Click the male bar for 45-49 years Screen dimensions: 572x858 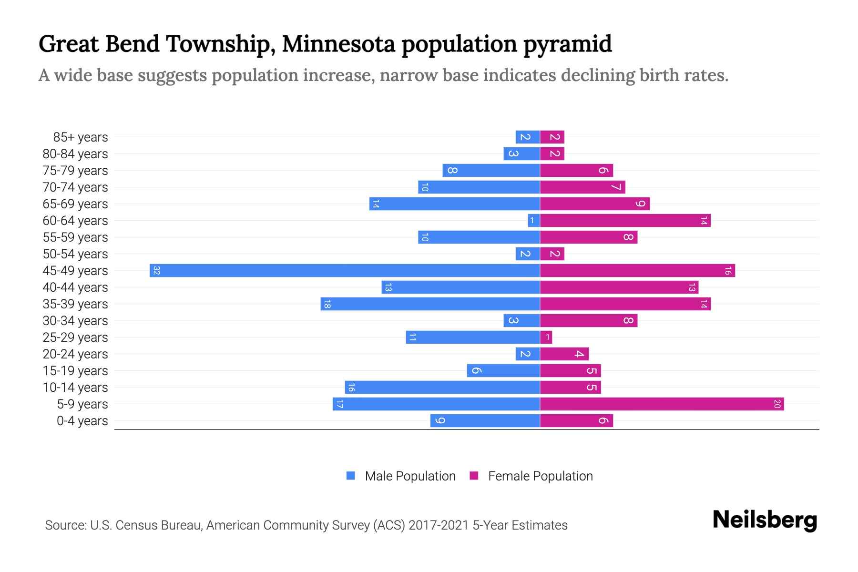coord(345,270)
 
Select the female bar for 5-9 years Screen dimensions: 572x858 coord(662,404)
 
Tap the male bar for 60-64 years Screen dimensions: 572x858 coord(534,220)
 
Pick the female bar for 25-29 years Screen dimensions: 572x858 coord(546,337)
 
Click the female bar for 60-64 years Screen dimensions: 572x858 coord(625,220)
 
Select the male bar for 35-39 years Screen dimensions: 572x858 coord(430,304)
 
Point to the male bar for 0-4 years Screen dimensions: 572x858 coord(485,420)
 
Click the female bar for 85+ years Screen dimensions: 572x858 coord(552,137)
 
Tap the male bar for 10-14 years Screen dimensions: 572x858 coord(442,388)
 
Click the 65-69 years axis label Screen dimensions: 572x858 coord(75,204)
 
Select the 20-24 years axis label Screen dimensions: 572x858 coord(75,354)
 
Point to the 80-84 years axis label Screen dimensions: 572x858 coord(75,154)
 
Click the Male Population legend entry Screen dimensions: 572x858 coord(410,476)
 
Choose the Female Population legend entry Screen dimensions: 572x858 coord(540,476)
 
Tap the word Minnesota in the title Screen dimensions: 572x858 coord(338,44)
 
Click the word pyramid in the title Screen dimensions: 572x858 coord(567,44)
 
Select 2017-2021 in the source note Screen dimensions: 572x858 coord(439,525)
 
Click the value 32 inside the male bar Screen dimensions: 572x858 coord(156,271)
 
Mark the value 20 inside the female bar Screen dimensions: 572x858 coord(776,404)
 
